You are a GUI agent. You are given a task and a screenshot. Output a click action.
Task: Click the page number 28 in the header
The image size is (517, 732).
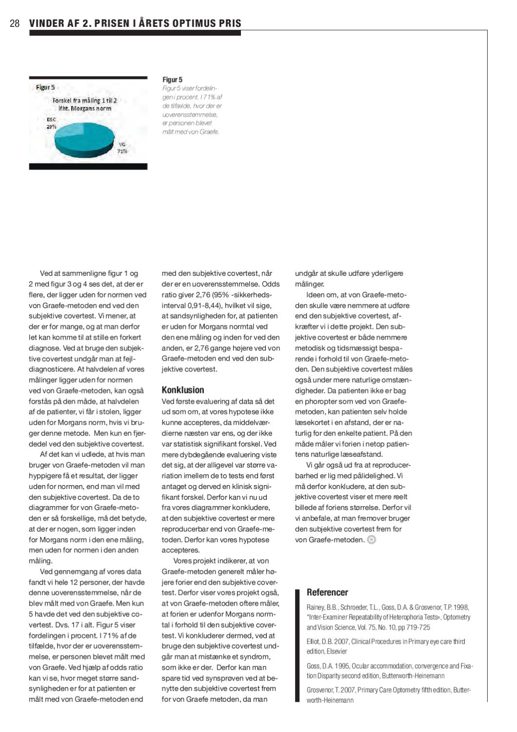point(15,23)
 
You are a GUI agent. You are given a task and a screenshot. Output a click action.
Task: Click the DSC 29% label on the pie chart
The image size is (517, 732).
point(51,123)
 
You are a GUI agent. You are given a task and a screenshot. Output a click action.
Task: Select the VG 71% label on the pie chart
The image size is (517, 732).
point(122,148)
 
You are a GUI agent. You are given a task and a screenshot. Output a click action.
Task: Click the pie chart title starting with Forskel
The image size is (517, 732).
point(84,104)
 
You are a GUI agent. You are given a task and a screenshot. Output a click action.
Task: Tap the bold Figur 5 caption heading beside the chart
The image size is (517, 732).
point(172,80)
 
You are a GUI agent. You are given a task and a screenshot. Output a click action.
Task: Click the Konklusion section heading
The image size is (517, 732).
point(182,390)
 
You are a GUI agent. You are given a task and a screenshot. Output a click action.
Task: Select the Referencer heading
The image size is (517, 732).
point(327,592)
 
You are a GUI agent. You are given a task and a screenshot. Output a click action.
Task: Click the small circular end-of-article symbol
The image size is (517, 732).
point(372,540)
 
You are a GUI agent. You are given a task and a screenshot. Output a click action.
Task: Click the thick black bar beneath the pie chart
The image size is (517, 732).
point(88,166)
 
